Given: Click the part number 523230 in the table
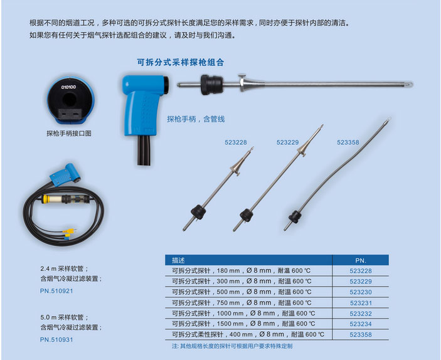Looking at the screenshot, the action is point(361,292).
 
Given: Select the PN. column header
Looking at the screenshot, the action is point(361,260).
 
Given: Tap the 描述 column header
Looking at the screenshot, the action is point(178,260).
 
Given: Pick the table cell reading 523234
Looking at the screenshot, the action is point(361,324).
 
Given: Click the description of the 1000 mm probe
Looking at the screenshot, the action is point(243,314).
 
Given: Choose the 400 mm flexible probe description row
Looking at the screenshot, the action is point(248,334).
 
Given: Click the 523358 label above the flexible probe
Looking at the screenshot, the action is point(348,142).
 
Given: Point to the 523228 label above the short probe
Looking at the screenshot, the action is point(236,142).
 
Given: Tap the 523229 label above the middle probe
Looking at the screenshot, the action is point(287,142).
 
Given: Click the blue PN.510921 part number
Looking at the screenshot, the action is point(56,291).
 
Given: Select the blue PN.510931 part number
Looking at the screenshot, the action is point(56,339).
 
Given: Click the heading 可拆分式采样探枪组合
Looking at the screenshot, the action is point(180,62).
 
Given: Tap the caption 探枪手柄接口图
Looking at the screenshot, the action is point(69,134).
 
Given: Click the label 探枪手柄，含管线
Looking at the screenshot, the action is point(196,119).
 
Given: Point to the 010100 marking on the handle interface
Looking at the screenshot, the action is point(68,87).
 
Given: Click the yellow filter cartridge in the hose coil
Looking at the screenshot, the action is point(52,199).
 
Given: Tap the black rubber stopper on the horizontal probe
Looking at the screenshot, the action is point(211,85).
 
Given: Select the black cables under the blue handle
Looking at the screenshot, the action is point(144,151).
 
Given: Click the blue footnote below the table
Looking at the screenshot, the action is point(232,346).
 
